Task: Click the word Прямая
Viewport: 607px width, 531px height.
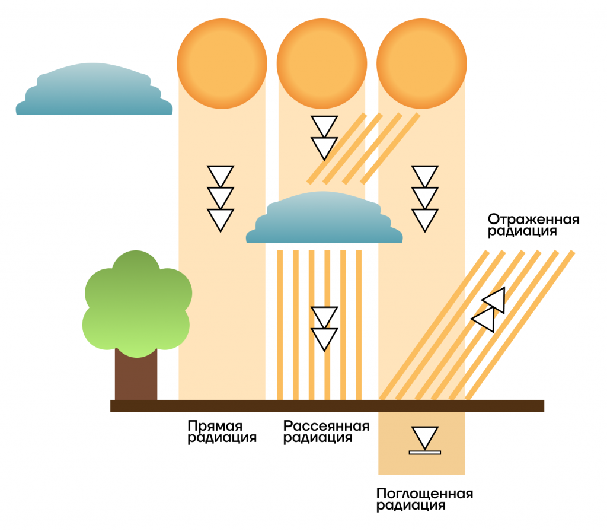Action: (x=215, y=426)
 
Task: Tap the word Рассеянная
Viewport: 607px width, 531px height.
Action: (x=327, y=426)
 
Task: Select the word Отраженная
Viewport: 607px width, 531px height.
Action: (x=533, y=220)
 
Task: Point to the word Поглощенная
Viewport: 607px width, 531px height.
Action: (x=424, y=494)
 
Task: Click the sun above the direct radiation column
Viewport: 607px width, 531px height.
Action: (x=222, y=63)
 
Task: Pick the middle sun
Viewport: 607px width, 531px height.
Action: (x=322, y=63)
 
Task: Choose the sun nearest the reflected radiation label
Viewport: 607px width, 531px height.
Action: (x=421, y=63)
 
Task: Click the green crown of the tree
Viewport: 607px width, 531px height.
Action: (x=137, y=304)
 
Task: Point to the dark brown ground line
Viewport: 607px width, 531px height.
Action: (x=327, y=406)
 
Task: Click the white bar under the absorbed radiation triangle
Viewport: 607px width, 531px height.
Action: (x=424, y=452)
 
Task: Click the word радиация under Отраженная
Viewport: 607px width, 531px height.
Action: (x=522, y=231)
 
